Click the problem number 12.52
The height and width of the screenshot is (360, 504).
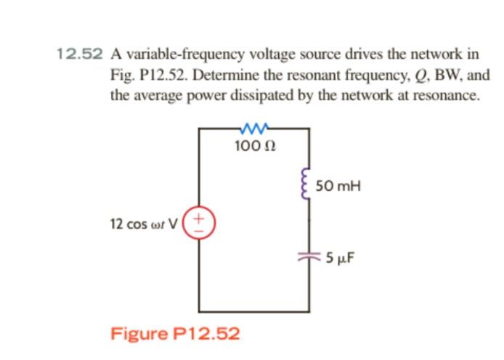(x=80, y=54)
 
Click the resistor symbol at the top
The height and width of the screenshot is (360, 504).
(x=254, y=130)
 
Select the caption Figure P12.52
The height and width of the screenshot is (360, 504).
(x=174, y=333)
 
